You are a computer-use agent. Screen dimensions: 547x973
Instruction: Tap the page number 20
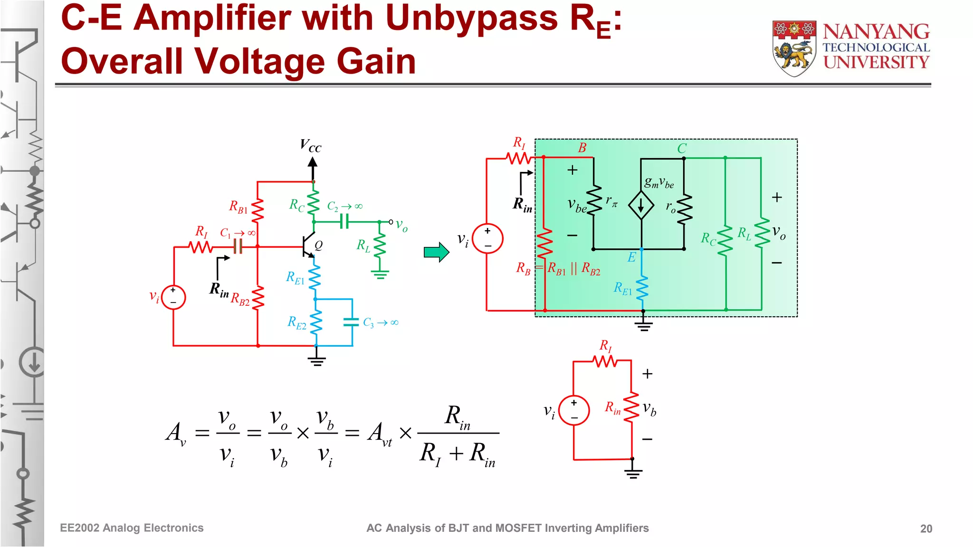coord(925,528)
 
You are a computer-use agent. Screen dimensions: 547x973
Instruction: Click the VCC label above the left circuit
coord(311,146)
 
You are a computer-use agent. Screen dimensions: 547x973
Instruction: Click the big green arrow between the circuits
coord(436,252)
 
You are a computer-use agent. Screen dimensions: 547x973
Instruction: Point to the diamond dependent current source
coord(641,205)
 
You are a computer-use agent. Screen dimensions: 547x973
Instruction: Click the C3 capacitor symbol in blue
coord(351,322)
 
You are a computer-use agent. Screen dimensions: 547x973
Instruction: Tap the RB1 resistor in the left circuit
coord(258,210)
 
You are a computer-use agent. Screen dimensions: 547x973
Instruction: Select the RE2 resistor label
coord(297,323)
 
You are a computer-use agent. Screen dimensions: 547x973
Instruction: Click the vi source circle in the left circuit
coord(173,297)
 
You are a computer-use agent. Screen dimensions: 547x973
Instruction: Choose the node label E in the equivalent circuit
coord(631,257)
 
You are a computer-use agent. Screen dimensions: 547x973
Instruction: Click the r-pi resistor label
coord(611,201)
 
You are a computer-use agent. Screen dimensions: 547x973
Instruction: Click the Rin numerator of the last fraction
coord(457,416)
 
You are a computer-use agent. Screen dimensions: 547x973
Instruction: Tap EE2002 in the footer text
coord(79,528)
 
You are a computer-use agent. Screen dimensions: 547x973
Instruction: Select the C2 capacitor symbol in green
coord(344,222)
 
